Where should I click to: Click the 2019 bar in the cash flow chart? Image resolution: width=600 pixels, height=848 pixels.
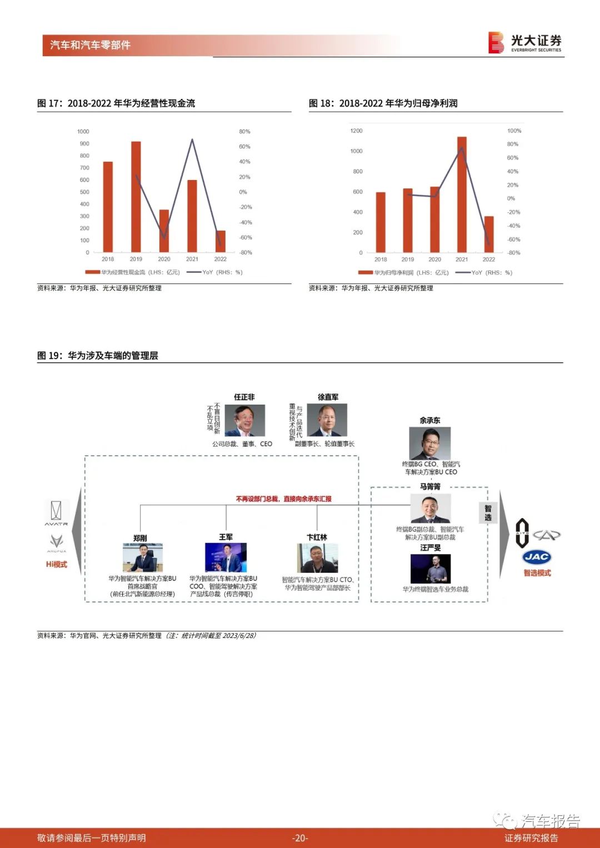[136, 197]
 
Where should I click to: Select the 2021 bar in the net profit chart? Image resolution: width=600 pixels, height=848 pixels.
[462, 194]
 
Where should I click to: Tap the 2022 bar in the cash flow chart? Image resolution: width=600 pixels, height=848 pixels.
[221, 241]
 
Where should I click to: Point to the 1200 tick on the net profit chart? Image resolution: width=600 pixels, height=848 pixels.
[356, 131]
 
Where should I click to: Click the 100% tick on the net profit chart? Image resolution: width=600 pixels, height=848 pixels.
[514, 131]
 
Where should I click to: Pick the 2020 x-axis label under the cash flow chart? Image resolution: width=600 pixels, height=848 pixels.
[164, 259]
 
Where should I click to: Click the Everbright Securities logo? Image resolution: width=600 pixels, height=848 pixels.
[524, 42]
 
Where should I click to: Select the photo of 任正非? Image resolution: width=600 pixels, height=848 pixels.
[244, 420]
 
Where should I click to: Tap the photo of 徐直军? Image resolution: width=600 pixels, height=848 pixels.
[327, 420]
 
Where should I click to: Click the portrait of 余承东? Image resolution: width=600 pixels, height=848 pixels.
[429, 443]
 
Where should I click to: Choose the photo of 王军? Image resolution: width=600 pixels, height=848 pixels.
[226, 557]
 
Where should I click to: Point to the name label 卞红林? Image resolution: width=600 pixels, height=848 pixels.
[317, 537]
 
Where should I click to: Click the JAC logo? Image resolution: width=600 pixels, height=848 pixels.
[536, 557]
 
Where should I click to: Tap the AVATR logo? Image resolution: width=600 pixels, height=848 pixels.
[57, 513]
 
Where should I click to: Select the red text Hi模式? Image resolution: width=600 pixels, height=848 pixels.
[56, 564]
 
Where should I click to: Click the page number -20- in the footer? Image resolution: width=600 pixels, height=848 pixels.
[300, 838]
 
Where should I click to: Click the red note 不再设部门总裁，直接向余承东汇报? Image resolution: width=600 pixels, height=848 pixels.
[283, 499]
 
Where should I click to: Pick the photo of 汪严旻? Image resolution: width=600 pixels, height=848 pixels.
[430, 568]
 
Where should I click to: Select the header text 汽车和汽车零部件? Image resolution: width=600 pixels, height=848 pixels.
[90, 45]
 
